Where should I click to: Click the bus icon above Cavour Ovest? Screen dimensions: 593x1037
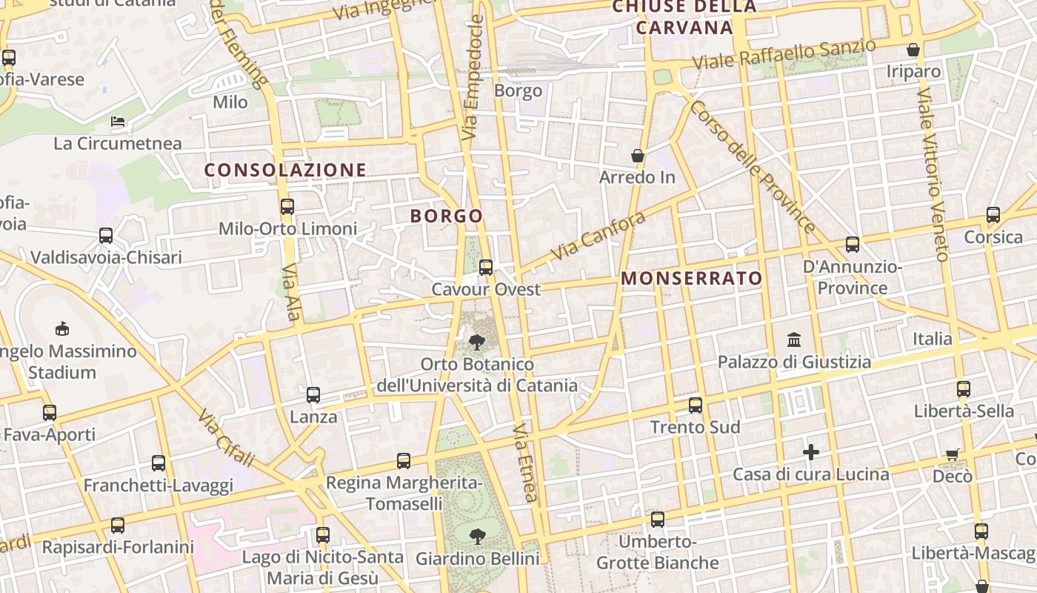point(486,268)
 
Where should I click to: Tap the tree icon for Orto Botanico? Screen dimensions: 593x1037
point(477,342)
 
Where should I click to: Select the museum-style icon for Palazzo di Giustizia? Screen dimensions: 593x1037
point(794,340)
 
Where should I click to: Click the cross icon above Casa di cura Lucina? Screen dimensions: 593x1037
point(811,451)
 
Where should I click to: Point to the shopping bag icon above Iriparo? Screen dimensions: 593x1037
point(913,50)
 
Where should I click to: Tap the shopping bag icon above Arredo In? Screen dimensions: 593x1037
point(637,156)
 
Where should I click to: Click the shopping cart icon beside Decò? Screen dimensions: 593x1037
point(953,454)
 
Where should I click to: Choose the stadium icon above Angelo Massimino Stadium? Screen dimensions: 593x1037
point(62,328)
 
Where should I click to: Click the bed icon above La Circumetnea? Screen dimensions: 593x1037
point(118,121)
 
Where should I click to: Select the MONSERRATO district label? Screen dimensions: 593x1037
point(692,279)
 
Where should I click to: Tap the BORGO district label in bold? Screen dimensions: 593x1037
point(447,216)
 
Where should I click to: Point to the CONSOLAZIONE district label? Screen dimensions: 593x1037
point(285,170)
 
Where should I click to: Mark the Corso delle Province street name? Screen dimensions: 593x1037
point(752,167)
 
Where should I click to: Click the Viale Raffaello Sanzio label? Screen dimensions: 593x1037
point(785,55)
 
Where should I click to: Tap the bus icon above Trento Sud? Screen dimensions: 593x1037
point(695,405)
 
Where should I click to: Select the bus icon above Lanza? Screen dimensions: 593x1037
point(313,395)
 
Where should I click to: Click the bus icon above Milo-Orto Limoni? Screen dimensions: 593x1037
point(287,207)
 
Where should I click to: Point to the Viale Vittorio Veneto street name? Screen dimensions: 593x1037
point(933,174)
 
